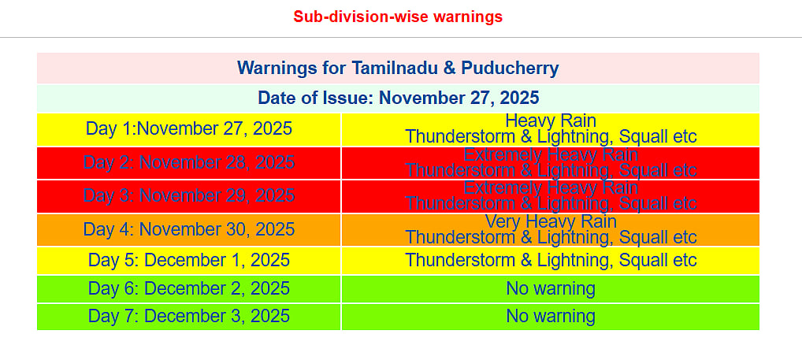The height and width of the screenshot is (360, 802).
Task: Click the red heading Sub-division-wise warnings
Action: [x=398, y=17]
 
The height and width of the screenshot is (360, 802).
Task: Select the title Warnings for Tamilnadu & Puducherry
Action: [x=398, y=69]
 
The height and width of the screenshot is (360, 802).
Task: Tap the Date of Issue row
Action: [x=398, y=98]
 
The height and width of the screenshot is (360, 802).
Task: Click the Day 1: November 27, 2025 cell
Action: [x=189, y=129]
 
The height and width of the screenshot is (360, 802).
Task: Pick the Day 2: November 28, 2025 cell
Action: [x=189, y=163]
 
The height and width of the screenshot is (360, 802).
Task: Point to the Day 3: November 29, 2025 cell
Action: [x=189, y=196]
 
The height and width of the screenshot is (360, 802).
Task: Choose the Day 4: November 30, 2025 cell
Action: [x=189, y=230]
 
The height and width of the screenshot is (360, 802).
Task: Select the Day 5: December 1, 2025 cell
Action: [x=189, y=260]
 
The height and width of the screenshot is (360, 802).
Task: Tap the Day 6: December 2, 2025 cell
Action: [x=189, y=288]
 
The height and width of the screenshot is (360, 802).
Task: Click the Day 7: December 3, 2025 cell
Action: [x=189, y=316]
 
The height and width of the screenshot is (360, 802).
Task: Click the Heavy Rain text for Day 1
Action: [x=551, y=121]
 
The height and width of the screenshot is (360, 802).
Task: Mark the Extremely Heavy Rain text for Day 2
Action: [x=551, y=154]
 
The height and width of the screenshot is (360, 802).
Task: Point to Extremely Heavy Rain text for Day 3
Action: [x=551, y=188]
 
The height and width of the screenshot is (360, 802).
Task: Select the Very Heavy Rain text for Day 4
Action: [x=551, y=222]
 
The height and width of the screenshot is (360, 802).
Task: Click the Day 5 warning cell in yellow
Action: [x=551, y=260]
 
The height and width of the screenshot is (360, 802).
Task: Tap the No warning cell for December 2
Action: [x=551, y=288]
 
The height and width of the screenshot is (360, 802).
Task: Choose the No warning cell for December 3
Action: [x=551, y=316]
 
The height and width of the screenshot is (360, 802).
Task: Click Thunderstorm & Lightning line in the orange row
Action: [x=551, y=237]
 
